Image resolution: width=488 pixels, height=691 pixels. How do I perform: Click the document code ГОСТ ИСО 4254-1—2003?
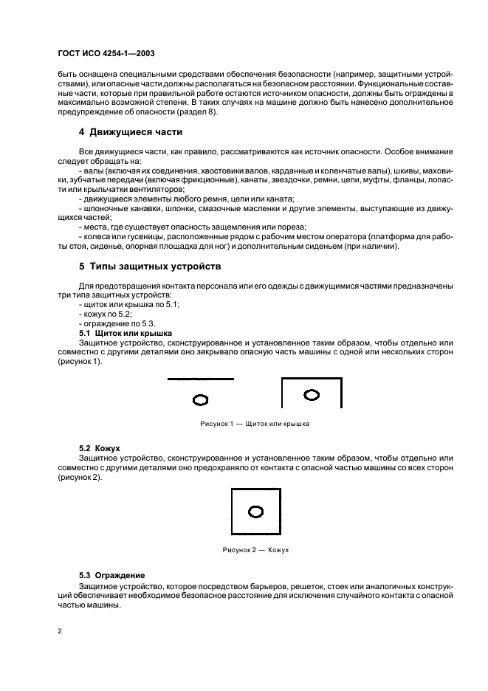(x=105, y=54)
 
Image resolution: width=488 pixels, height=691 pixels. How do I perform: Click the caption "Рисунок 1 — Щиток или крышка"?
(x=255, y=424)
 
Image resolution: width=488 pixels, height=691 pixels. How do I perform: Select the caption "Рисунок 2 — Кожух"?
(x=255, y=550)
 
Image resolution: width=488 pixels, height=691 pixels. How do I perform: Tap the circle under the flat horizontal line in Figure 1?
(x=200, y=399)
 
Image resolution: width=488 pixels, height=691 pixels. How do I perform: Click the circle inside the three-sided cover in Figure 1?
(x=312, y=395)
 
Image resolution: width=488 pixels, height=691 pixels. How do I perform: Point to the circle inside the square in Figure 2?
(x=255, y=512)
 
